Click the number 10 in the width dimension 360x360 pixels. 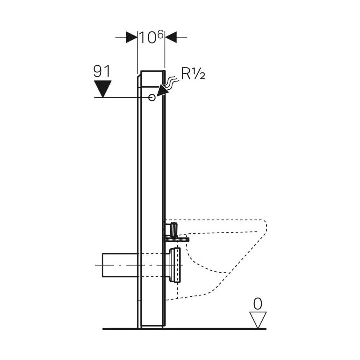pyautogui.click(x=147, y=38)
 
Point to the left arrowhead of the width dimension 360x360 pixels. pyautogui.click(x=132, y=37)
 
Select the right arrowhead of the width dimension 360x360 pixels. pyautogui.click(x=171, y=37)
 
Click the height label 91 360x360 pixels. pyautogui.click(x=102, y=71)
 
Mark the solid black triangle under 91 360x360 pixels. pyautogui.click(x=102, y=90)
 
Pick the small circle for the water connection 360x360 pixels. pyautogui.click(x=152, y=98)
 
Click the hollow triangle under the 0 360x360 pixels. pyautogui.click(x=258, y=319)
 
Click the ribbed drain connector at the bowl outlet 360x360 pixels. pyautogui.click(x=175, y=264)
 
